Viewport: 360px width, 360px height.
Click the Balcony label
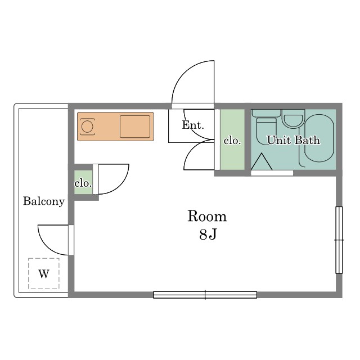(x=44, y=201)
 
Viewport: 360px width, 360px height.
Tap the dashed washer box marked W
(x=44, y=273)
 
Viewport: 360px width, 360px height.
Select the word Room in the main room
(x=207, y=216)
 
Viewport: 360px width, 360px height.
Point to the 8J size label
(x=208, y=235)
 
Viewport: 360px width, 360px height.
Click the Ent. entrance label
(x=193, y=125)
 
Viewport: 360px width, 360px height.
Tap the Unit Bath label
(x=294, y=140)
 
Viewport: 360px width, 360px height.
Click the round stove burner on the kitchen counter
(x=87, y=127)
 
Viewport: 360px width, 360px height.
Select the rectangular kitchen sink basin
(x=135, y=127)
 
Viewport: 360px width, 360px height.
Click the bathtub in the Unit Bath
(x=319, y=138)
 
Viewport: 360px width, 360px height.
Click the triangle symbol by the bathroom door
(x=262, y=162)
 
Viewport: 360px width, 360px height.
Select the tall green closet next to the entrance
(x=232, y=139)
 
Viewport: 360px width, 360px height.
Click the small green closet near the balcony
(x=83, y=182)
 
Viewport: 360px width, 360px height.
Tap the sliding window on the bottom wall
(x=205, y=295)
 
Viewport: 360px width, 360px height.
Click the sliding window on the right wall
(x=339, y=240)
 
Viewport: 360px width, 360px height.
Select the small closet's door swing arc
(x=121, y=186)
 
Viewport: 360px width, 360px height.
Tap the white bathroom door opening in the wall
(x=272, y=173)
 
